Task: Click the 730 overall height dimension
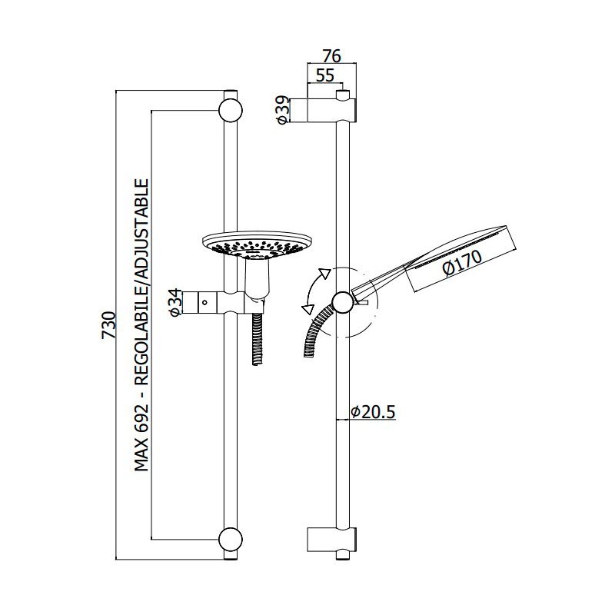point(108,324)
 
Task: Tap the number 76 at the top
point(332,56)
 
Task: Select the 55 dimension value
point(324,75)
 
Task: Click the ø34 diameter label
point(175,302)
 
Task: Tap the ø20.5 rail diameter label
point(373,412)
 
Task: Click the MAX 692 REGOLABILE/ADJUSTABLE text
point(141,324)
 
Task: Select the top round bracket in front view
point(230,109)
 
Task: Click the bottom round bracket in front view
point(230,539)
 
